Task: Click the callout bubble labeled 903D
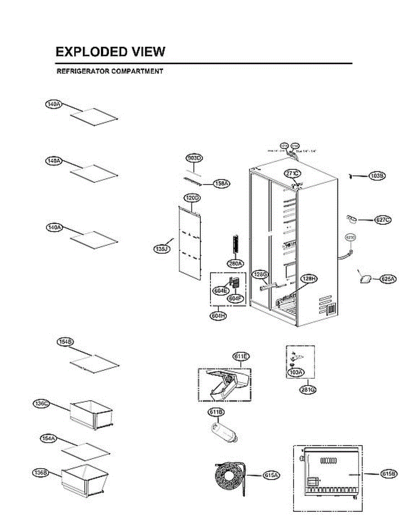point(194,158)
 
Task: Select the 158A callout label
point(221,183)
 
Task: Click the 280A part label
point(235,264)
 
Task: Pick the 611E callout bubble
point(241,356)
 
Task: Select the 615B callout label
point(389,474)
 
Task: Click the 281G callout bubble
point(302,390)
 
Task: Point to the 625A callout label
point(388,278)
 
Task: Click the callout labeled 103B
point(378,176)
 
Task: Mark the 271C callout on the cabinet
point(292,174)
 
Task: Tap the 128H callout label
point(309,278)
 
